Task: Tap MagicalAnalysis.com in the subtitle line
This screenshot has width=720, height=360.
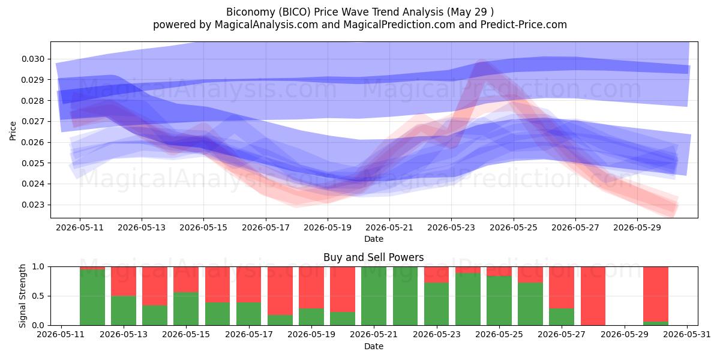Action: (266, 25)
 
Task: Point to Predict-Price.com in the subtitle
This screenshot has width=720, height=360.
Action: (524, 25)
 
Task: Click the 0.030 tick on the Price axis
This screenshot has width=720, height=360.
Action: (33, 59)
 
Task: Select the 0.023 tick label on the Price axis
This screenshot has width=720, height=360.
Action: (33, 205)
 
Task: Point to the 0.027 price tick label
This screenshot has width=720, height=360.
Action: (33, 121)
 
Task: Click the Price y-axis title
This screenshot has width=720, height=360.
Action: (13, 131)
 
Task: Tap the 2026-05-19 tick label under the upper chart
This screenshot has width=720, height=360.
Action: (328, 227)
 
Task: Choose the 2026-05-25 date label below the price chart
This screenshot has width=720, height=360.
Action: (514, 227)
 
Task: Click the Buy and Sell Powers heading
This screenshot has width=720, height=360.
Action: (373, 257)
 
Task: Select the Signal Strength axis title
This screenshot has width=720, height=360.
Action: (23, 296)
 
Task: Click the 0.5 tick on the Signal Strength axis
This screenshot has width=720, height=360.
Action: (38, 296)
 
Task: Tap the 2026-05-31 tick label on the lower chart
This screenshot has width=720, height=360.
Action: (687, 335)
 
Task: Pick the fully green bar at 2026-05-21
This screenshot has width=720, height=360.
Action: (373, 296)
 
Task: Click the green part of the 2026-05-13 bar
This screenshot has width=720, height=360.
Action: (124, 311)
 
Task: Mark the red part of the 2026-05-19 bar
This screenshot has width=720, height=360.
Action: (311, 287)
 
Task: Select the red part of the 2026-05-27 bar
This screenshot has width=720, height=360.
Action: (561, 287)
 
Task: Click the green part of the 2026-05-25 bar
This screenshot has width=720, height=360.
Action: (499, 301)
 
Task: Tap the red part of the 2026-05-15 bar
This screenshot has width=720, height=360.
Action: (186, 280)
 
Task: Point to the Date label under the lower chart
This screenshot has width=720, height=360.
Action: (373, 346)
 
